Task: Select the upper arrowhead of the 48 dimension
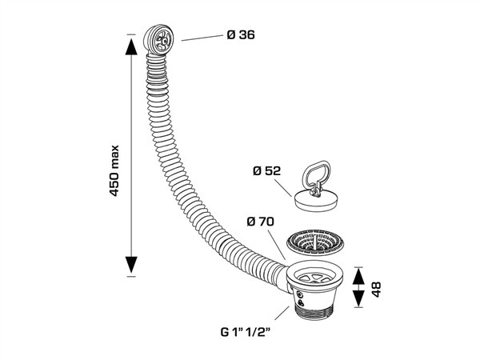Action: (x=358, y=273)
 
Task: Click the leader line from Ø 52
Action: (x=286, y=187)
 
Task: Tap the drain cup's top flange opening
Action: (x=317, y=275)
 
